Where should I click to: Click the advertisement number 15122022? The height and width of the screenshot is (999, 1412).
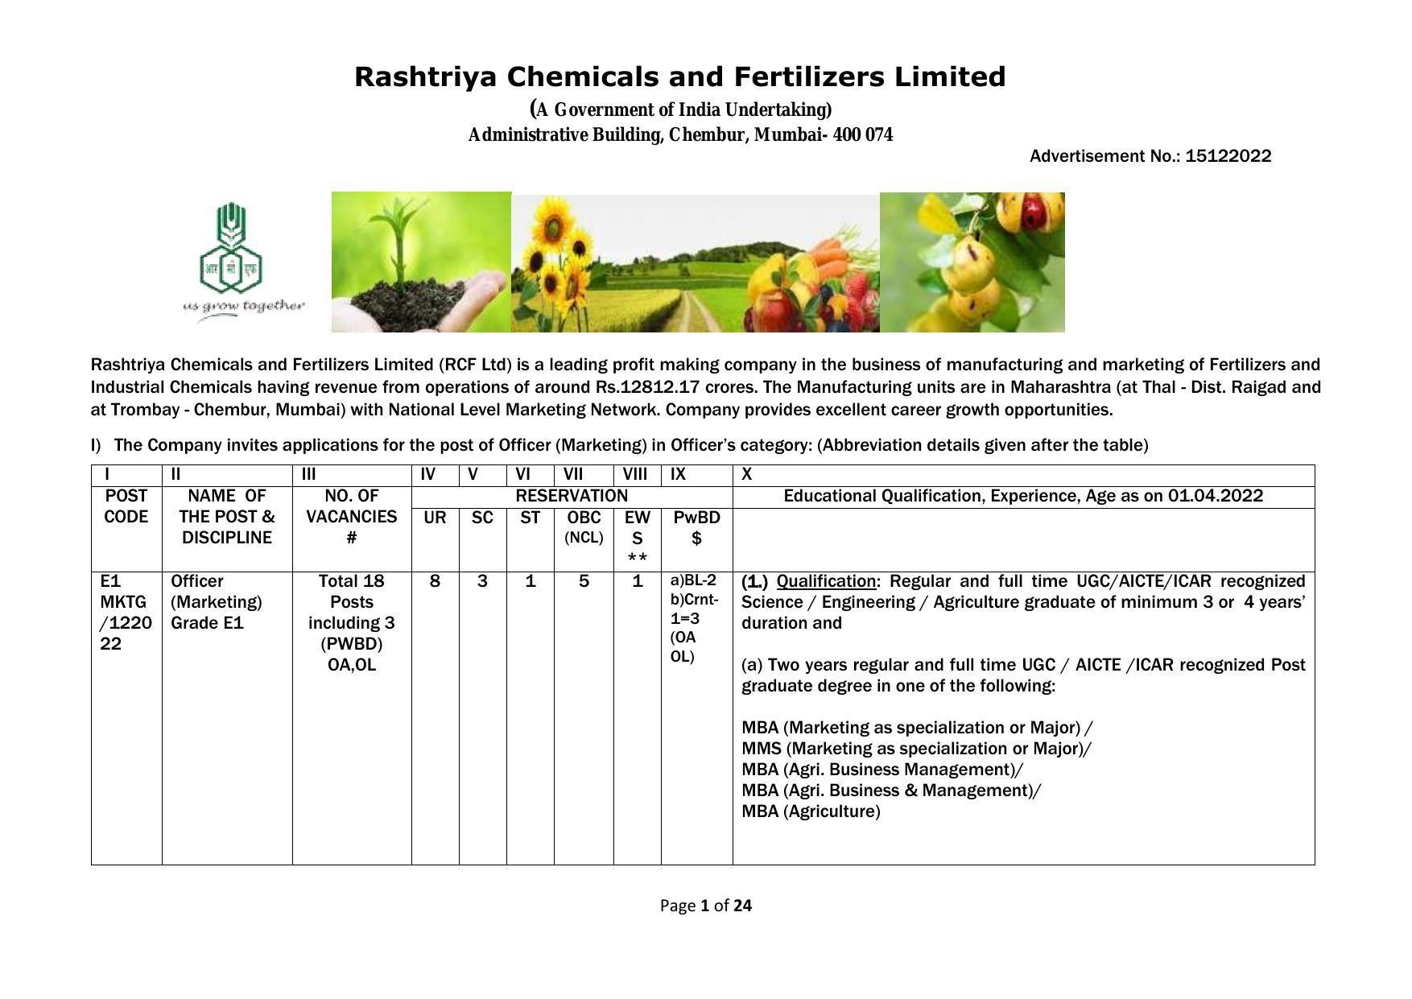tap(1228, 156)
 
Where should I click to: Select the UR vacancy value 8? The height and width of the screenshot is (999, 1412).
tap(435, 581)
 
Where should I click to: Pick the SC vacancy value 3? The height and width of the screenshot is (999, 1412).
tap(482, 581)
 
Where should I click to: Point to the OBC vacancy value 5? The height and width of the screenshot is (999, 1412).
tap(584, 581)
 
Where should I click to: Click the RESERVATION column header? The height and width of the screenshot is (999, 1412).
tap(572, 496)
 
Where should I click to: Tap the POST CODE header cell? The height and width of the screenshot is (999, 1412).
tap(126, 506)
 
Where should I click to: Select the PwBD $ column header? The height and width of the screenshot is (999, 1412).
tap(696, 527)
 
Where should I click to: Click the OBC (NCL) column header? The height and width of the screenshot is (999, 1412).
tap(584, 527)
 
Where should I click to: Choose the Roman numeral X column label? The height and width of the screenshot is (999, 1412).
tap(747, 475)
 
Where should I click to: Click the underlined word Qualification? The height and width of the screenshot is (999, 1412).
tap(825, 581)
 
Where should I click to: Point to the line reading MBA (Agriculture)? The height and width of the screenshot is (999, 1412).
tap(811, 811)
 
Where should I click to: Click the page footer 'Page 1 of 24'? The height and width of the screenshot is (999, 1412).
tap(706, 906)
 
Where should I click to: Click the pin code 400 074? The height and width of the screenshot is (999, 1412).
tap(863, 134)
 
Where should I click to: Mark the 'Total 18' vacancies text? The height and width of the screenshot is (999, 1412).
tap(352, 581)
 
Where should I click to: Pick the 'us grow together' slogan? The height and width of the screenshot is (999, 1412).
tap(244, 306)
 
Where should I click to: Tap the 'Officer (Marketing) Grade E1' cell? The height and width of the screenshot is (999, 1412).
tap(217, 602)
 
